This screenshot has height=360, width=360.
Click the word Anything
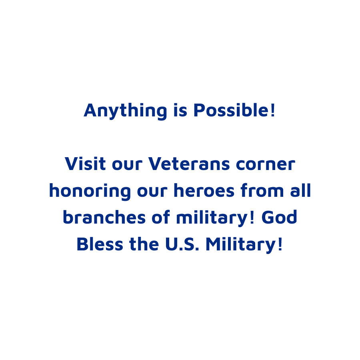click(125, 111)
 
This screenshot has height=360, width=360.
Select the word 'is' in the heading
click(180, 110)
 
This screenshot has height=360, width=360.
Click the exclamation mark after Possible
click(272, 110)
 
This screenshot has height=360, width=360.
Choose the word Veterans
click(189, 164)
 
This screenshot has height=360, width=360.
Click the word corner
click(266, 164)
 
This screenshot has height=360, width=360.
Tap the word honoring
click(90, 192)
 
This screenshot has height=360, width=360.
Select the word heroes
click(204, 190)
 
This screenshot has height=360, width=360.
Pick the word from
click(262, 190)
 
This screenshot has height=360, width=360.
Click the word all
click(300, 190)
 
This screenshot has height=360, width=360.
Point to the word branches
click(104, 217)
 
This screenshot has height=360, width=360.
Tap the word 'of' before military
click(161, 217)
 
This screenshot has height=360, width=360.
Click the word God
click(279, 217)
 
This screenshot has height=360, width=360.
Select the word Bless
click(100, 244)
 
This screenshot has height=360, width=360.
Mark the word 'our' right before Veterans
click(127, 165)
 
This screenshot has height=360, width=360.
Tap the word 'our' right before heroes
click(152, 191)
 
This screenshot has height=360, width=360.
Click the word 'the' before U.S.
click(144, 244)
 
